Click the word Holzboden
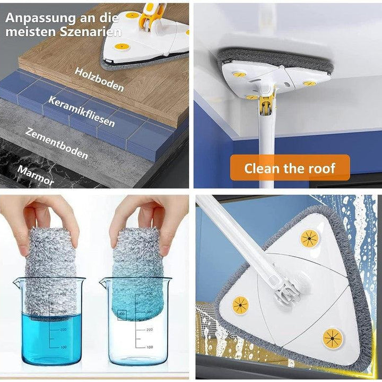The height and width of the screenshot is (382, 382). [99, 80]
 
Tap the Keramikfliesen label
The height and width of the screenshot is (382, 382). [81, 111]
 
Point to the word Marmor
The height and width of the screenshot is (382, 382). [36, 175]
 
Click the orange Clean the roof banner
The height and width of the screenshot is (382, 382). [290, 168]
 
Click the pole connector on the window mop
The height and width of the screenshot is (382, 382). [284, 290]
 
